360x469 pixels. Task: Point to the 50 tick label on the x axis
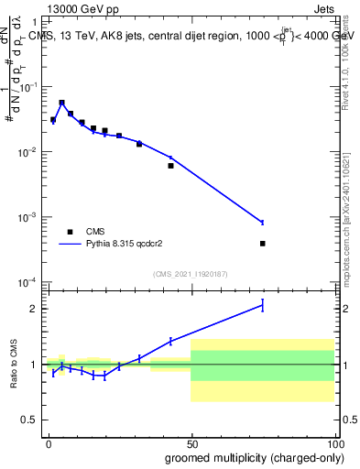(191, 442)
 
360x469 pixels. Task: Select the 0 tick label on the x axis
(49, 442)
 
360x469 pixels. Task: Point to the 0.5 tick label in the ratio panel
(29, 420)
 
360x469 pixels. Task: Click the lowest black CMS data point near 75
(262, 244)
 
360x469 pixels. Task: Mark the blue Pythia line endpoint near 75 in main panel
(262, 223)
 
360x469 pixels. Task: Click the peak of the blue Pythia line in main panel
(61, 103)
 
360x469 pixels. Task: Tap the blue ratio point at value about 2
(262, 306)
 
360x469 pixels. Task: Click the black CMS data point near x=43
(170, 166)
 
